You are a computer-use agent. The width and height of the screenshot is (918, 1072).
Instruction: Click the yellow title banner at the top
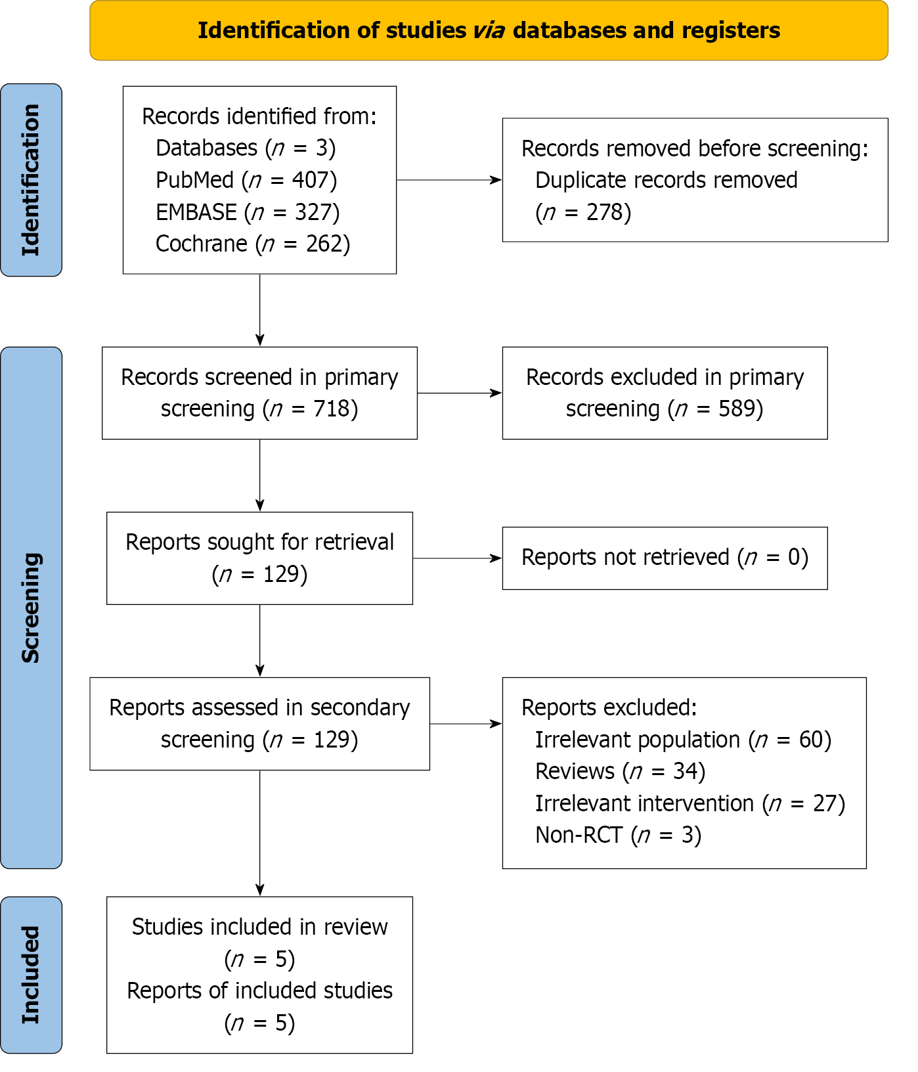pos(489,30)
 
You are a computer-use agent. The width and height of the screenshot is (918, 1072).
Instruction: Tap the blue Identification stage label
pos(31,180)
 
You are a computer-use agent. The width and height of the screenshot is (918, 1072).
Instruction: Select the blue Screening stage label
pos(31,608)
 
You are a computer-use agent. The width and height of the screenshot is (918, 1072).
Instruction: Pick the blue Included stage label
pos(31,975)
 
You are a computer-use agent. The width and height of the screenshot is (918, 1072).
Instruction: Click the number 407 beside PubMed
pos(311,180)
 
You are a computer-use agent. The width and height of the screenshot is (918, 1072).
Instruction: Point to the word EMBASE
pos(196,212)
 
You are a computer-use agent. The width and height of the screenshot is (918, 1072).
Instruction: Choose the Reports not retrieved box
pos(665,558)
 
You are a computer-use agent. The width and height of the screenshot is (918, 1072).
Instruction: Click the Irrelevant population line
pos(683,740)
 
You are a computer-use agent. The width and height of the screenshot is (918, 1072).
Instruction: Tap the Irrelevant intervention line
pos(690,803)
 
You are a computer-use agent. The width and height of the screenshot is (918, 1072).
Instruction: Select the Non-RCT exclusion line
pos(619,835)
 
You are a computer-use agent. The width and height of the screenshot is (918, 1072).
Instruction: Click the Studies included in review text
pos(259,927)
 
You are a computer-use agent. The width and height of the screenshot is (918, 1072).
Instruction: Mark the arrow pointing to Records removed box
pos(449,180)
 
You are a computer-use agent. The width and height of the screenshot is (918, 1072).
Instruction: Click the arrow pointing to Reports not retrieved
pos(458,558)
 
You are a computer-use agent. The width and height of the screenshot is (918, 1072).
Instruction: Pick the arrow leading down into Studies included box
pos(260,833)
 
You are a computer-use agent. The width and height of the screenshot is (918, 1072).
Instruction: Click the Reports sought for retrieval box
pos(259,558)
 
